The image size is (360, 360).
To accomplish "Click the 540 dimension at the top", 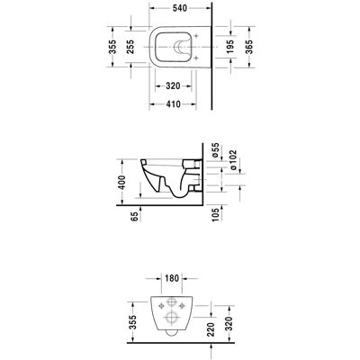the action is pos(180,8).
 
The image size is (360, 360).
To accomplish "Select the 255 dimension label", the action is pos(130,47).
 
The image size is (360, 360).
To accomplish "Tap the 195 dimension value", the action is pos(229,47).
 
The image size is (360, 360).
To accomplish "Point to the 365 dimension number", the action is pos(249,47).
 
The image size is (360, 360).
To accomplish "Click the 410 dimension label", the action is pos(173,104).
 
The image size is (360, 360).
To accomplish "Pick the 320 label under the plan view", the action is pos(173,86).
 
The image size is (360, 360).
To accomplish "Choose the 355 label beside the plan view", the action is pos(112,47).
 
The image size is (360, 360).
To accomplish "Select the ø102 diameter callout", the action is pos(233,160).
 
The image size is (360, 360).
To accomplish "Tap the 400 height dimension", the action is pos(121,183).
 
